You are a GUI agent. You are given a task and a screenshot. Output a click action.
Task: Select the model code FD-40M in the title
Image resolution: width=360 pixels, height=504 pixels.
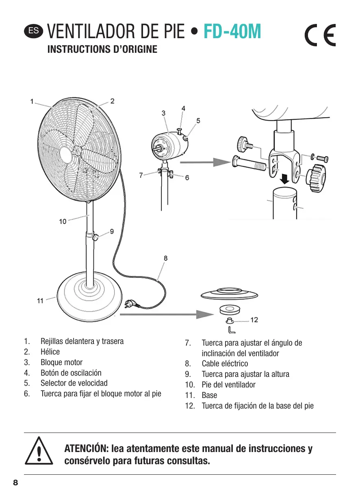tap(232, 32)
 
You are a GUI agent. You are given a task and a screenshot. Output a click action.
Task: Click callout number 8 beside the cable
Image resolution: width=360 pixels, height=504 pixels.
tap(165, 257)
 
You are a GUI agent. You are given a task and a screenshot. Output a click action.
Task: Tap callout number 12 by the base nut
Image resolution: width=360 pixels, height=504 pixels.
tap(254, 320)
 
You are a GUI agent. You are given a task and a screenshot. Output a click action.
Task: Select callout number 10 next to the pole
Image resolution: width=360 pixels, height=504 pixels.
tap(63, 221)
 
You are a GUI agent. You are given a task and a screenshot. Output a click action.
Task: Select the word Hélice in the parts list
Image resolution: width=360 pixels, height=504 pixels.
tap(50, 352)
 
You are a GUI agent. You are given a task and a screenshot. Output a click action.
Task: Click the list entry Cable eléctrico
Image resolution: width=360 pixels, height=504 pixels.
tap(225, 363)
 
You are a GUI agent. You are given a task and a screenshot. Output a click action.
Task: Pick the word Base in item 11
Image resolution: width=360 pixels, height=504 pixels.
tap(209, 395)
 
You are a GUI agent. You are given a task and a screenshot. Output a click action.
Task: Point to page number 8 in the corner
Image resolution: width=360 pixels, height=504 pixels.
tap(15, 483)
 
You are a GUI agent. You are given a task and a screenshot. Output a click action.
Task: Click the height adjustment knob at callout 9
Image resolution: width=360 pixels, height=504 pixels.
tap(95, 238)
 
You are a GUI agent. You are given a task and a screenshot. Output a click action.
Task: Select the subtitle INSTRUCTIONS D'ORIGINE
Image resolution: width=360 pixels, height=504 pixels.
tap(102, 50)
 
